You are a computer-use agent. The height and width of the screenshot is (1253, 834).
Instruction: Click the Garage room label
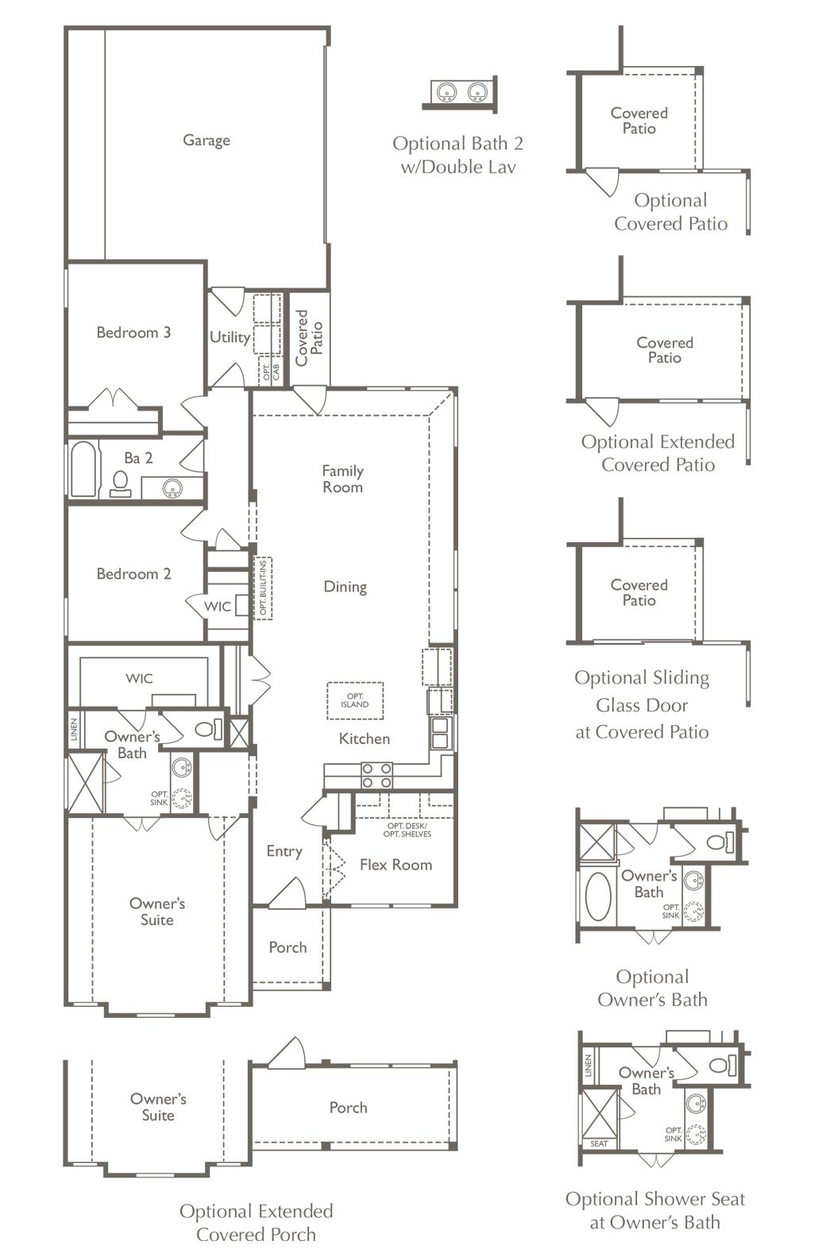pos(206,141)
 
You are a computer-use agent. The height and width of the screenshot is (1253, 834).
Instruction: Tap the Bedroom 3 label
pos(133,332)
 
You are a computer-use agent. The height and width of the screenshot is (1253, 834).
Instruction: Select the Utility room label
pos(230,337)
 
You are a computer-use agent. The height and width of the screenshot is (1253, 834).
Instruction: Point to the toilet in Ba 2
pos(121,484)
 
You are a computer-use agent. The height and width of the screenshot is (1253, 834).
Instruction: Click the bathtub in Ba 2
pos(83,468)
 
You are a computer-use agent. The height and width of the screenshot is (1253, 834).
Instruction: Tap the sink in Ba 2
pos(172,488)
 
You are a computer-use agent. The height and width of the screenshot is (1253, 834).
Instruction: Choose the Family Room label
pos(342,479)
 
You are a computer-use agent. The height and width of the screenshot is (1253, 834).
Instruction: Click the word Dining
pos(346,587)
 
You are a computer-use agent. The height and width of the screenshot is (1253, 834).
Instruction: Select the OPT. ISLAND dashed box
pos(355,700)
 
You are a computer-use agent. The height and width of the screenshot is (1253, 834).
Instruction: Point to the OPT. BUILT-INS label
pos(263,588)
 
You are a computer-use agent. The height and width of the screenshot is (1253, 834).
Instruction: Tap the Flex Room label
pos(396,865)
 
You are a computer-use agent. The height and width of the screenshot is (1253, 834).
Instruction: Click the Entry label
pos(284,851)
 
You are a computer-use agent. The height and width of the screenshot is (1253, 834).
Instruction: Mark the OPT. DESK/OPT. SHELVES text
pos(407,830)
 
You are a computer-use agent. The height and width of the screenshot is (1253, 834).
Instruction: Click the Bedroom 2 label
pos(133,574)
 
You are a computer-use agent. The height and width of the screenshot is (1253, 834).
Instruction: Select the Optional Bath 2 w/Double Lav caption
pos(458,155)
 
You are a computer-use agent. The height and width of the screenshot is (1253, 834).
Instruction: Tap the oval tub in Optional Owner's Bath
pos(598,896)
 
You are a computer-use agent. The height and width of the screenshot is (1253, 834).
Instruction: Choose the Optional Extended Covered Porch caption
pos(257,1222)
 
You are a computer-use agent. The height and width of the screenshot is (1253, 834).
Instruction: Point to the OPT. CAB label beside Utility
pos(272,372)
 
